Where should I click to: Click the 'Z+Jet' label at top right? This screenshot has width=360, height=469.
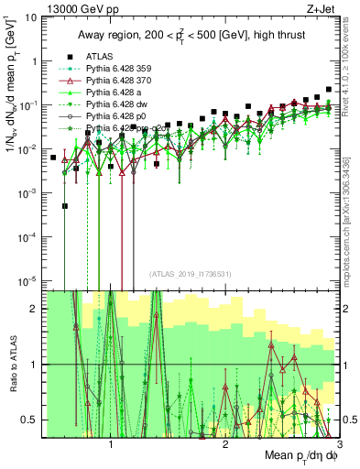(324, 8)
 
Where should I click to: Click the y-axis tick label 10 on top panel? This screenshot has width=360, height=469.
(32, 17)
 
